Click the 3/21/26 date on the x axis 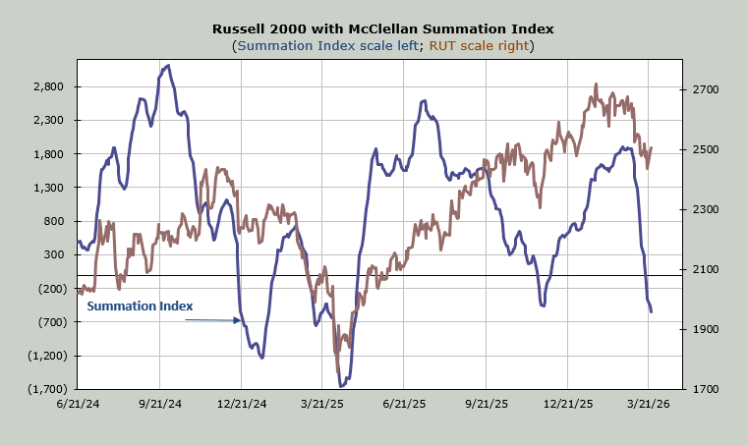[649, 404]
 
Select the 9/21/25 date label [487, 404]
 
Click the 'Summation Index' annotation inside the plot [140, 307]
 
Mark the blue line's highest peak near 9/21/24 [168, 66]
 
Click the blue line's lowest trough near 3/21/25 [341, 386]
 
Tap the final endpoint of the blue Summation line [652, 311]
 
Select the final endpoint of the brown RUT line [652, 148]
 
